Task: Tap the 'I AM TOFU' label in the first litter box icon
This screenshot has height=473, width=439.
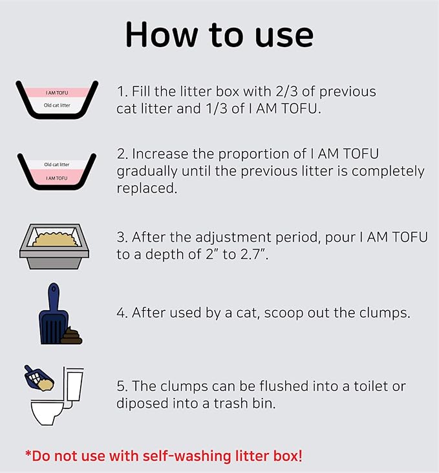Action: point(56,92)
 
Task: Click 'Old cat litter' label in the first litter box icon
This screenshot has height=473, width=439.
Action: point(56,105)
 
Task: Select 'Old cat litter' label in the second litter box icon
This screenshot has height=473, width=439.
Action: point(56,165)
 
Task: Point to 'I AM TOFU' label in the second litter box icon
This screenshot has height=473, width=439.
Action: point(56,176)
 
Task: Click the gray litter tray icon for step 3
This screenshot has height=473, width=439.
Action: point(55,241)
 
